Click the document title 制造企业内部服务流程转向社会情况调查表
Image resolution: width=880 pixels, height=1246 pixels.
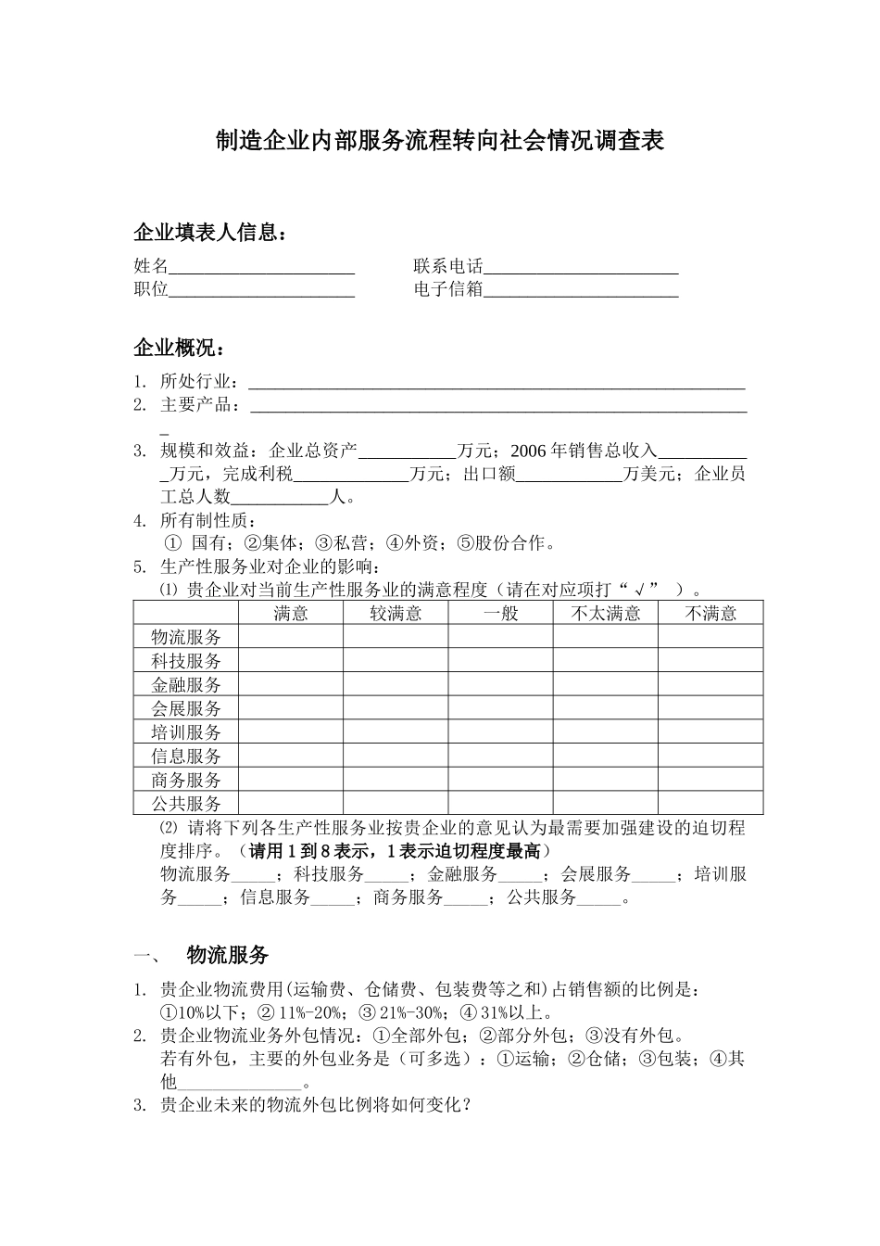439,141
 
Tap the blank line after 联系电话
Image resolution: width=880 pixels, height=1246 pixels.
581,267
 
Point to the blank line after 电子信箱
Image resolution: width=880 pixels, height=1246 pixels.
581,289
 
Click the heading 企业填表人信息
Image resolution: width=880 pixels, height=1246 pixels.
209,232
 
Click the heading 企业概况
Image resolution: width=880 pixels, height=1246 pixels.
179,349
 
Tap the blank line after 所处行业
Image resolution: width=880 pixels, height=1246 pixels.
497,382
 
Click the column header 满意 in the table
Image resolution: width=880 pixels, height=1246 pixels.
291,613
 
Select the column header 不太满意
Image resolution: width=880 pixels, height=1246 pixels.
606,613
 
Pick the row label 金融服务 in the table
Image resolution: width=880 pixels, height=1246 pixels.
186,685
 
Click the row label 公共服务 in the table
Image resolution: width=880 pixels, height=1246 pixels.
186,804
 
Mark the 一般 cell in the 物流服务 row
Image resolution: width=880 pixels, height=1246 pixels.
500,637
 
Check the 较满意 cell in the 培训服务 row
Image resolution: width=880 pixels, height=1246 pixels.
396,732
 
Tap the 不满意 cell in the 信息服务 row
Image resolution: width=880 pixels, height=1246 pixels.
710,756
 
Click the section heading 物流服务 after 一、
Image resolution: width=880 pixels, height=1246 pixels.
227,955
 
